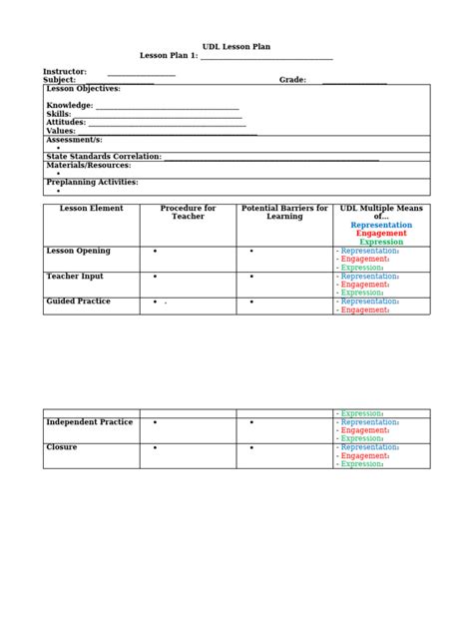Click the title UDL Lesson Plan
236,47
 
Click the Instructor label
64,72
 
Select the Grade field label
291,80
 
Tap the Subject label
59,80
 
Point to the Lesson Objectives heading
83,89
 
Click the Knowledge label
70,105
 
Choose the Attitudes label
66,122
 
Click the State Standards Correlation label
104,156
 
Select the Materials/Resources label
88,165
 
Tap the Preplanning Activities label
92,183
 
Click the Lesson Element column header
91,209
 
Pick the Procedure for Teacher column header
188,213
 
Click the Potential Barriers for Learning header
284,213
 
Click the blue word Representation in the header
381,226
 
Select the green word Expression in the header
381,242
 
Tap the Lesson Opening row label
78,251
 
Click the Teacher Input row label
75,277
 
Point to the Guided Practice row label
78,302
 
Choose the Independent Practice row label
89,422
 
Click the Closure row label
62,448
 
